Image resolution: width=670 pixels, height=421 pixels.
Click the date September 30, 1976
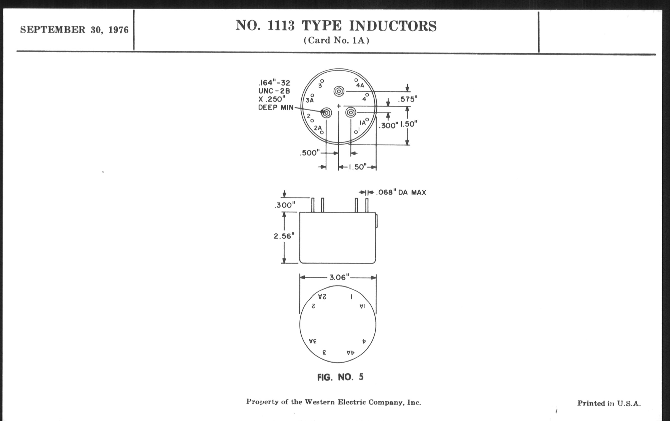(74, 30)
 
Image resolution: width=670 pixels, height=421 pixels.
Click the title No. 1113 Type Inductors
(336, 26)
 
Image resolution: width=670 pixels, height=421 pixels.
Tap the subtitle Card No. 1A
(336, 40)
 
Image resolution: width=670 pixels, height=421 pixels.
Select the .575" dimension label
(407, 99)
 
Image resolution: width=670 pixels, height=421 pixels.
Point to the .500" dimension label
(310, 153)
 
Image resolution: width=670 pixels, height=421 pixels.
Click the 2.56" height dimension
(284, 236)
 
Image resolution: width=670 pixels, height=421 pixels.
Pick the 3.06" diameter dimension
(339, 277)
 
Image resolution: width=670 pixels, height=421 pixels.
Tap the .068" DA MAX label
(401, 192)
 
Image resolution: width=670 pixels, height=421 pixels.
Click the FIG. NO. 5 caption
(340, 377)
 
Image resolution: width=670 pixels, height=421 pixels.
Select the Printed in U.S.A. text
(609, 403)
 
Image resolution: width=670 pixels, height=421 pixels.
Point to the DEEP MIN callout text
(276, 108)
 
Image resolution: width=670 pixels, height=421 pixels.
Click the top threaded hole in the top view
(339, 91)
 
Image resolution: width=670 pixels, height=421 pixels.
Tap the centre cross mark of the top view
(339, 106)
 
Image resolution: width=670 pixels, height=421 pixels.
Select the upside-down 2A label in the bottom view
(322, 297)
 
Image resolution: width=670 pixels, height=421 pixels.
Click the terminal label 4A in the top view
(360, 85)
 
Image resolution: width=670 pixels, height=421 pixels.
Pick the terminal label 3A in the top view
(309, 100)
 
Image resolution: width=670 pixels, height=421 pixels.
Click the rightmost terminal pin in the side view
(367, 205)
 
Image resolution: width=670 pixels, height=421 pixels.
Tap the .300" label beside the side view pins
(284, 205)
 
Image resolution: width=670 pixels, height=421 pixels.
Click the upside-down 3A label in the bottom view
(313, 341)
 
